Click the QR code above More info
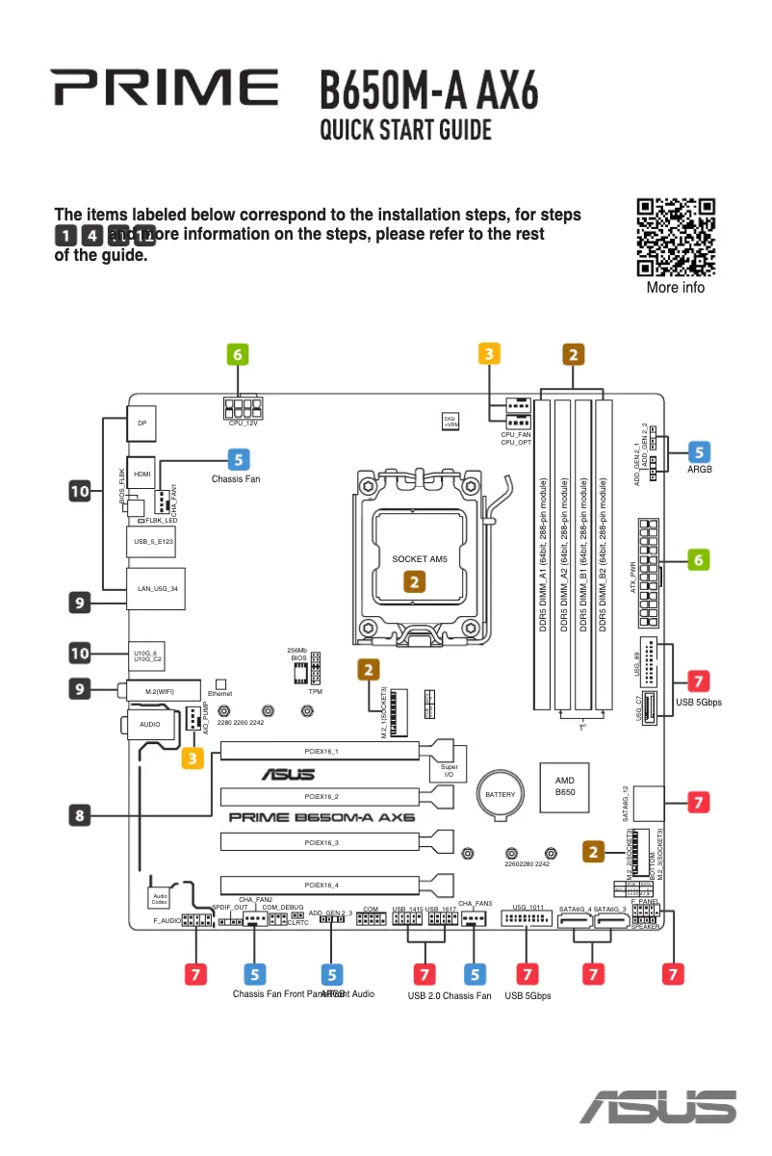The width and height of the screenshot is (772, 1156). point(676,237)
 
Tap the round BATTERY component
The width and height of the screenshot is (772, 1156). point(501,794)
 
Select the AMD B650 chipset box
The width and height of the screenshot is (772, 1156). point(565,786)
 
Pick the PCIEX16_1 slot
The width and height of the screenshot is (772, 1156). point(321,750)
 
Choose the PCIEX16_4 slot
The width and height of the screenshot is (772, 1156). point(321,885)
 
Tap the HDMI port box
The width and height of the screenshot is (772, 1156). point(142,474)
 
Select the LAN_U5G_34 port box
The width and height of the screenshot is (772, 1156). point(157,587)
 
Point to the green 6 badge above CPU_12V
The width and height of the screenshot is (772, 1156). point(238,354)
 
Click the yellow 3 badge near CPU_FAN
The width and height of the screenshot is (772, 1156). point(490,354)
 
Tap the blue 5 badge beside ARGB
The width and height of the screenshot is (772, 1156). point(700,450)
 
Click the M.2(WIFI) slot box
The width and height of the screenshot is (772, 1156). point(159,691)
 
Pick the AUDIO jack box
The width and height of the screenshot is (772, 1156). point(150,723)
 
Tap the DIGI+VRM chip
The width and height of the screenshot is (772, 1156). point(450,421)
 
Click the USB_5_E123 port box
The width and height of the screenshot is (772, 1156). point(151,542)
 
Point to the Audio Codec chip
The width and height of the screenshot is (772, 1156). point(160,898)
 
